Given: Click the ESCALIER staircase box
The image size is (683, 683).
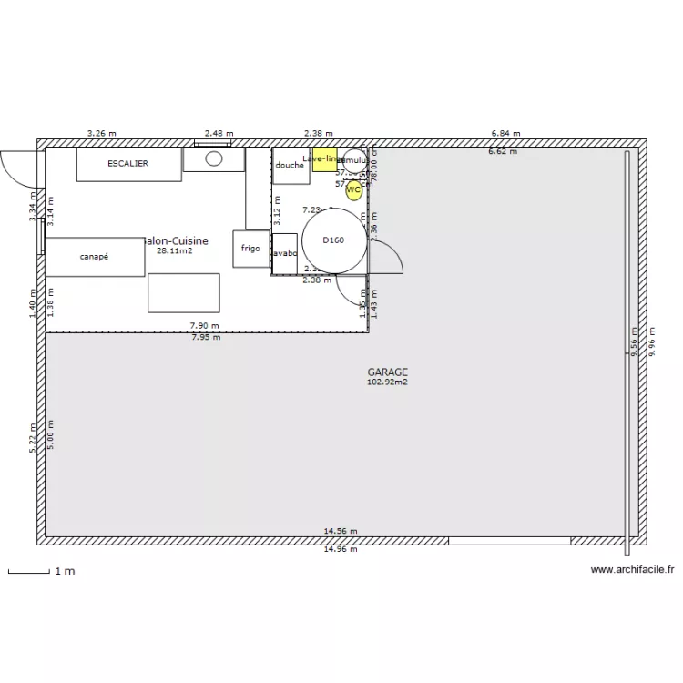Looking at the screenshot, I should (128, 164).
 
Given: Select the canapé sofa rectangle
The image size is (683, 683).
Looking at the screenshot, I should (95, 257).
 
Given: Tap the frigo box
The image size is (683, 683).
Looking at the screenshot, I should (250, 249).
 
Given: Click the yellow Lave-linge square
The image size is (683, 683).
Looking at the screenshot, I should (324, 158).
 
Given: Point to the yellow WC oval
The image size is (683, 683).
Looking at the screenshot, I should (353, 189).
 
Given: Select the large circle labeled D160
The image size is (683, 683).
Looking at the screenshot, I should (334, 240).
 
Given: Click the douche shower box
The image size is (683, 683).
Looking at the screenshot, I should (291, 166).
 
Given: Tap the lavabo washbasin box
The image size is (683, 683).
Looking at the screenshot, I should (284, 253).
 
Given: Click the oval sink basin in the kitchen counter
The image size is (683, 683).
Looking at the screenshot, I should (213, 158).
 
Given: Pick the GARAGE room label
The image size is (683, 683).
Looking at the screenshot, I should (387, 372).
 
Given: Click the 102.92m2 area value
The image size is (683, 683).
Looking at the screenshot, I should (387, 382).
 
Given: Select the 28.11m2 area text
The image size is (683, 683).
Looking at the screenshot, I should (174, 250).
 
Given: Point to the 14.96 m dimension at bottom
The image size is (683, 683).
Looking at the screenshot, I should (341, 549).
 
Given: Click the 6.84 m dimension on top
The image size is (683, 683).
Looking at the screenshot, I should (505, 133).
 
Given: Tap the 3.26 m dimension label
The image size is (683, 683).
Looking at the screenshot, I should (101, 133).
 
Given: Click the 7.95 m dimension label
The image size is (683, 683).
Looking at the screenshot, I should (206, 337).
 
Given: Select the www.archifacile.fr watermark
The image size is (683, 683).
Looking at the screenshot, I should (632, 570).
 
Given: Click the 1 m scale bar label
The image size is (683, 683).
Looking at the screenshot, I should (65, 571).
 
